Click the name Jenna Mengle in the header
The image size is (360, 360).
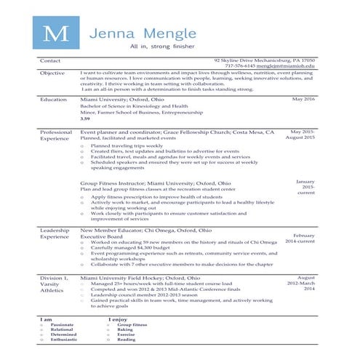tap(139, 33)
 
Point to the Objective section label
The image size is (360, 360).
tap(53, 73)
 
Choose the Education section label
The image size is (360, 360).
tap(54, 98)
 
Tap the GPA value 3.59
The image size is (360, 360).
tap(85, 118)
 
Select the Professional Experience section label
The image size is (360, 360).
tap(56, 135)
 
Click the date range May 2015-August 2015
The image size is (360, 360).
tap(300, 135)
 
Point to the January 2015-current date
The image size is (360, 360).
tap(305, 187)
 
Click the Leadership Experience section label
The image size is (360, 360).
tap(55, 233)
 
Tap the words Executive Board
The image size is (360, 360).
tap(103, 236)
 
